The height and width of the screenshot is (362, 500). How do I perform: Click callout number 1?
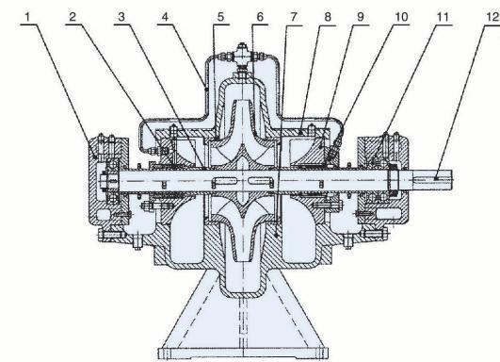click(x=28, y=17)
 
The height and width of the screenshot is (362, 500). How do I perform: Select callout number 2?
click(x=73, y=17)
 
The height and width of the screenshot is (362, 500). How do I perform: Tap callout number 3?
click(x=121, y=17)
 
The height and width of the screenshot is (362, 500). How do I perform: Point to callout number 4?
click(x=165, y=17)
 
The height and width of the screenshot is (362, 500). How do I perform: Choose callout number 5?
click(x=220, y=17)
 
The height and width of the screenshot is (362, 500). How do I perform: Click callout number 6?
click(x=260, y=17)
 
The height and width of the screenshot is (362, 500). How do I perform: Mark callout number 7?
click(x=294, y=17)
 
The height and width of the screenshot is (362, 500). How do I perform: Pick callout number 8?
click(x=328, y=17)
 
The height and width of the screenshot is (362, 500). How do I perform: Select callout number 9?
click(x=361, y=17)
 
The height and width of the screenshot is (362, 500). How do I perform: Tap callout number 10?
click(x=401, y=17)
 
